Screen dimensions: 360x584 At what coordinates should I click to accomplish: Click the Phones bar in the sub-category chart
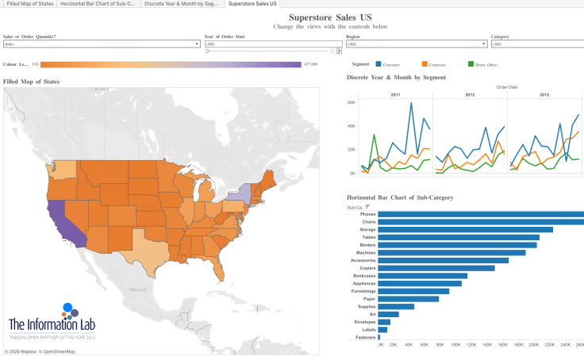click(x=476, y=214)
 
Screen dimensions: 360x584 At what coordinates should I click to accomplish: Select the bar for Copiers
click(x=436, y=268)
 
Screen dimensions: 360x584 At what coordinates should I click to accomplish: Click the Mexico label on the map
click(x=140, y=290)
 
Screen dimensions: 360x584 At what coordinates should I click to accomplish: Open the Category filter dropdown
click(x=537, y=44)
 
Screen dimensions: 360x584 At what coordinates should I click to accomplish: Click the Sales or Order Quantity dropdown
click(x=102, y=44)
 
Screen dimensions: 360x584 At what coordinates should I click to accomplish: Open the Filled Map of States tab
click(x=29, y=4)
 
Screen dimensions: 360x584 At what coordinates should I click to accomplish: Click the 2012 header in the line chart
click(x=470, y=94)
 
